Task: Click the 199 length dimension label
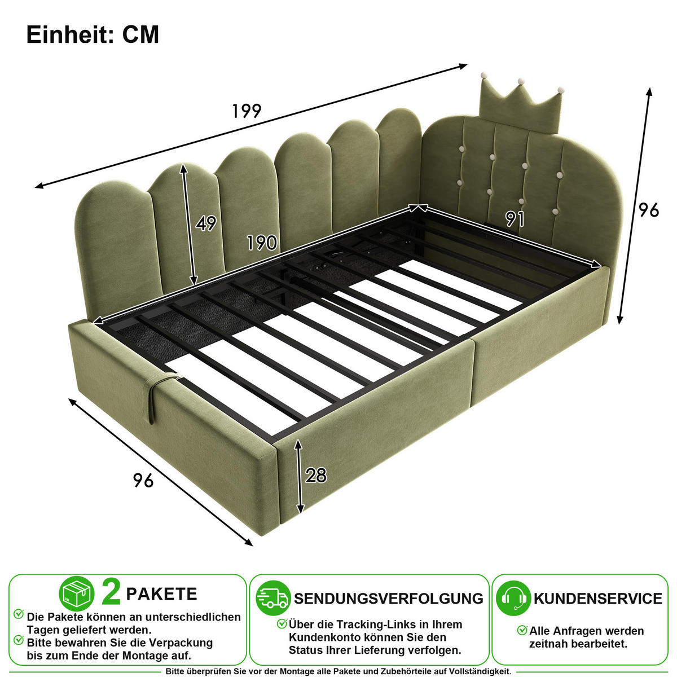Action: pos(247,111)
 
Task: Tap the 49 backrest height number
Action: pos(206,223)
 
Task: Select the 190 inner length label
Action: pos(262,243)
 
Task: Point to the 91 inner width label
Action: pos(515,219)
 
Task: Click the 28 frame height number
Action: pos(316,476)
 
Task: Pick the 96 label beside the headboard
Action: pos(649,210)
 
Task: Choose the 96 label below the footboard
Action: pos(143,480)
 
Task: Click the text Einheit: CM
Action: pos(93,35)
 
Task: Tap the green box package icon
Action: pos(77,594)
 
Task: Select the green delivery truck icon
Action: pos(273,599)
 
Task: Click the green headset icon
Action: pos(513,599)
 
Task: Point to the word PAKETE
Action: pos(161,594)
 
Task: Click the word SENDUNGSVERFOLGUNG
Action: pos(389,599)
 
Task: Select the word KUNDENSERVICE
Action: pos(597,599)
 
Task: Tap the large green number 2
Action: pos(111,593)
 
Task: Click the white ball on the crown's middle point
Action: pos(521,81)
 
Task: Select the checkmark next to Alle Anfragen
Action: pos(522,630)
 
